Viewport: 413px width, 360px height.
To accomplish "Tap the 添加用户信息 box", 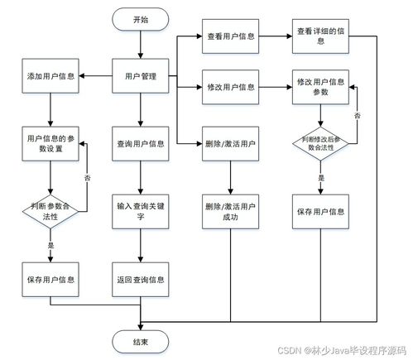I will pyautogui.click(x=51, y=78).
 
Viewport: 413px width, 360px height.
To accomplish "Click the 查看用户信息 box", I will pyautogui.click(x=229, y=37).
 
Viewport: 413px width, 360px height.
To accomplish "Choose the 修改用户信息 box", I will pyautogui.click(x=229, y=86).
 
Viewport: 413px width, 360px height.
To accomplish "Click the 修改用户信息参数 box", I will pyautogui.click(x=319, y=87).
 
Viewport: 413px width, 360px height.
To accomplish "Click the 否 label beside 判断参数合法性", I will pyautogui.click(x=88, y=176).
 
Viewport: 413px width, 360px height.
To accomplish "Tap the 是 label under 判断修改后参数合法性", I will pyautogui.click(x=321, y=177).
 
